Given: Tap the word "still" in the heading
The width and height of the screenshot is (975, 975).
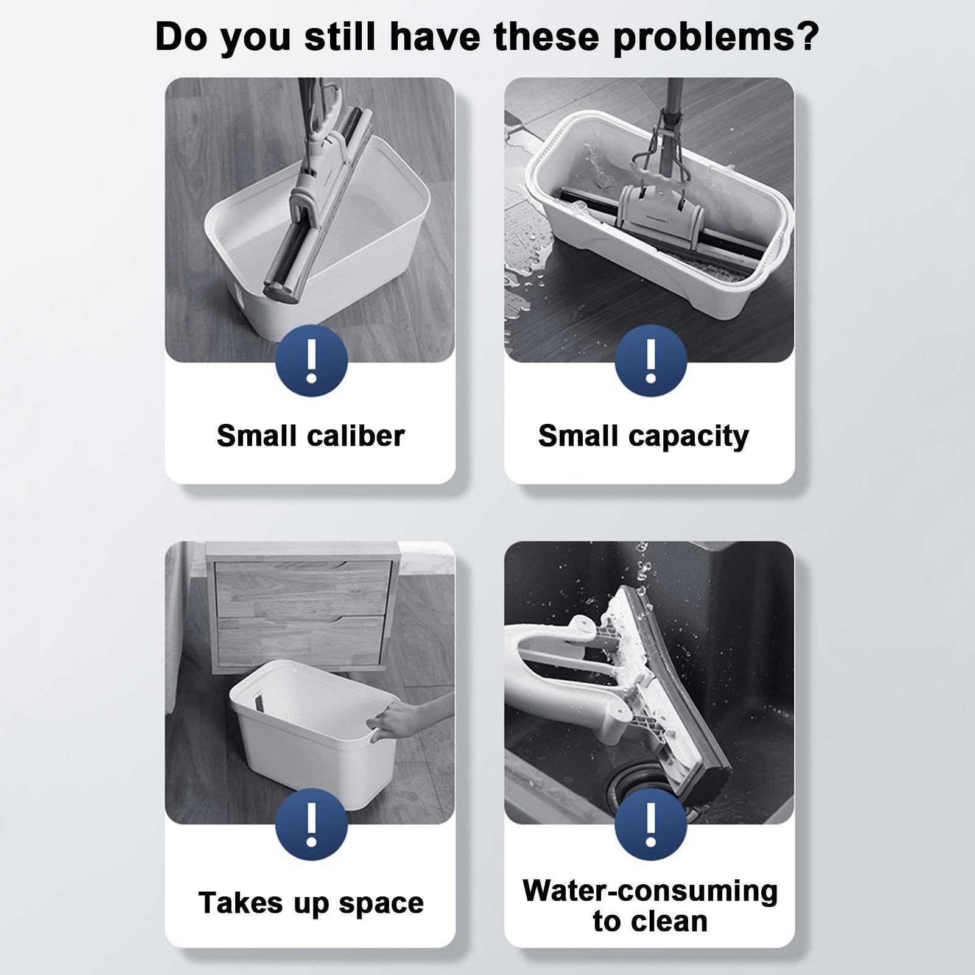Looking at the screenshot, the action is (x=339, y=37).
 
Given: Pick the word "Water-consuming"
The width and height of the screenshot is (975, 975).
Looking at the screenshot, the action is (x=650, y=890).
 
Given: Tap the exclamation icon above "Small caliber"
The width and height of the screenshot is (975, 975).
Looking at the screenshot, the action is (x=312, y=361).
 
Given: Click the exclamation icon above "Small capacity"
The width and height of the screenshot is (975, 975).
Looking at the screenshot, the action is (x=650, y=361).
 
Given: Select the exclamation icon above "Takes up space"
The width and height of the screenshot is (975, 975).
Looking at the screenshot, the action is (x=312, y=824).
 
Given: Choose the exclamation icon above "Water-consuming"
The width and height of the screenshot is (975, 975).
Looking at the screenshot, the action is (x=650, y=824).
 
